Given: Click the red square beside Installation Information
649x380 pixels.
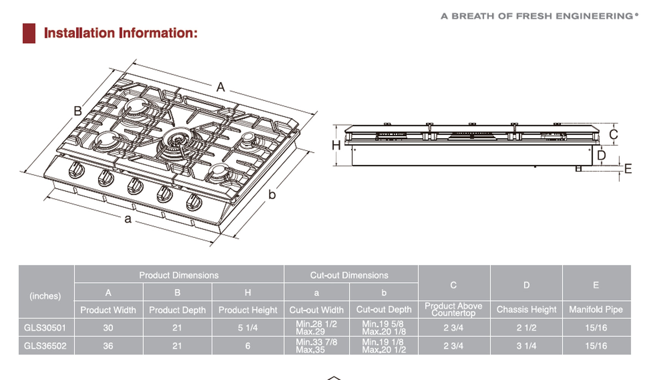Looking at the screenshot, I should (29, 33).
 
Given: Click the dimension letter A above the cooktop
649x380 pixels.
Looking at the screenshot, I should (221, 87).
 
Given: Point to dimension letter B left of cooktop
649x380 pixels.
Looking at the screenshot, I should (78, 111).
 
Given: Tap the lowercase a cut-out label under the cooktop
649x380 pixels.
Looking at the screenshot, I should (128, 219).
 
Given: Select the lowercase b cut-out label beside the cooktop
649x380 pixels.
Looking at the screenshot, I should (272, 195).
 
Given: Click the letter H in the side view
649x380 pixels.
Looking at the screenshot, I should (336, 145).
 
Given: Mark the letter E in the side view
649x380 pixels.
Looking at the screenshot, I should (628, 168).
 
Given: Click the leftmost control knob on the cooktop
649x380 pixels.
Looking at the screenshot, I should (77, 169).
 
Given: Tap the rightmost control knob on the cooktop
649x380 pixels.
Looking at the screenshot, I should (194, 202).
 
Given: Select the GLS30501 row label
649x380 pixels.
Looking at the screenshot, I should (45, 328).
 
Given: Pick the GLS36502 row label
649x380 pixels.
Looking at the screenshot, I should (45, 346).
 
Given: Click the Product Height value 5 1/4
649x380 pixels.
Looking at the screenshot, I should (248, 328).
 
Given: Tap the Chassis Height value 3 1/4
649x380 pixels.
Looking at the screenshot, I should (526, 346).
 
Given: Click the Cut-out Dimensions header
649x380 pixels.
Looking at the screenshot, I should (349, 275).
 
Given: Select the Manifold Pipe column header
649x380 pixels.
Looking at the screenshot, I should (596, 310).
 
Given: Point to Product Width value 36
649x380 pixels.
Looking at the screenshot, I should (108, 346).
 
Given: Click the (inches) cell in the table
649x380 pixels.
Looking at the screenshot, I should (45, 296).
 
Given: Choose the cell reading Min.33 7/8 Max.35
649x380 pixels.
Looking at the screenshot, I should (316, 346).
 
